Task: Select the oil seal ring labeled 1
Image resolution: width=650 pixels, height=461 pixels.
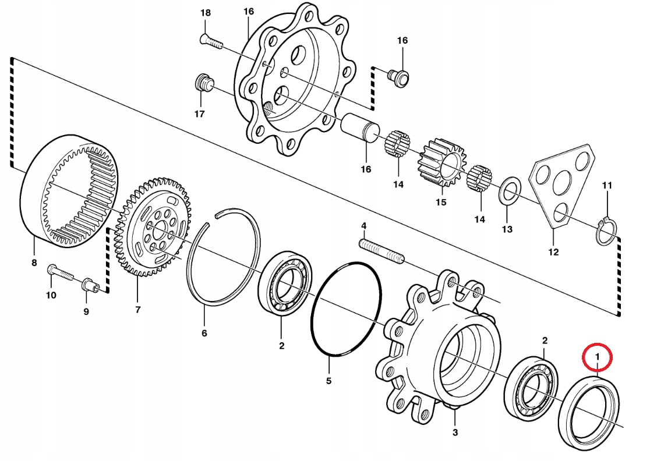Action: [589, 412]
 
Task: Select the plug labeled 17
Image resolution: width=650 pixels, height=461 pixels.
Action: [202, 83]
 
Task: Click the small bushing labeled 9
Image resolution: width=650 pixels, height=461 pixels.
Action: [89, 285]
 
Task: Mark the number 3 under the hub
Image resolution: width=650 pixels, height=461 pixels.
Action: [455, 432]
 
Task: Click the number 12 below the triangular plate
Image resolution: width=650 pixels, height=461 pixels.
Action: [553, 252]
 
